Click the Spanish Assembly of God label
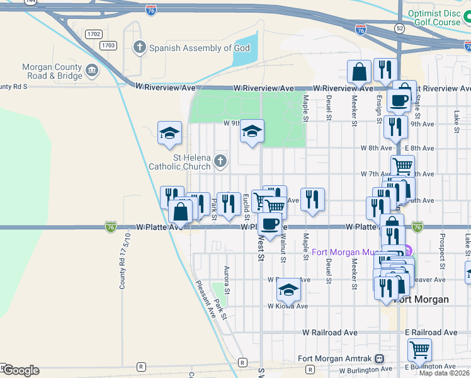pos(200,48)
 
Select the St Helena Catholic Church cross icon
pos(220,161)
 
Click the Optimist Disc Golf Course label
pos(434,17)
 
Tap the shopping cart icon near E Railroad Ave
pos(419,349)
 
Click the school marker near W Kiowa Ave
pos(288,289)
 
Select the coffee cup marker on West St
pos(270,224)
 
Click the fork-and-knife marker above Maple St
pos(312,200)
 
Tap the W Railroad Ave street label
pos(330,332)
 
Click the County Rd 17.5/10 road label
pos(125,261)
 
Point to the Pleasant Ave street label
pos(205,299)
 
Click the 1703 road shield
pos(108,45)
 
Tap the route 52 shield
pos(400,29)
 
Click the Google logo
pos(21,370)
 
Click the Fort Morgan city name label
pos(421,299)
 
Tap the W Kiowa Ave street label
pos(287,306)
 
